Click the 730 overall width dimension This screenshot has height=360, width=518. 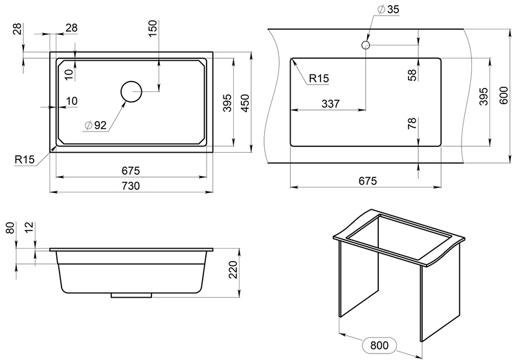(x=131, y=186)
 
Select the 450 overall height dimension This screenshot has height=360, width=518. (x=245, y=103)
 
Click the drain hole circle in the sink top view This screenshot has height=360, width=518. (x=131, y=92)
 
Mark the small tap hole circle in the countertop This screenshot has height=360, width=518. (x=366, y=45)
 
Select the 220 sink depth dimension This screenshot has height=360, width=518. (x=234, y=272)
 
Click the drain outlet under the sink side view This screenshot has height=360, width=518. (x=131, y=295)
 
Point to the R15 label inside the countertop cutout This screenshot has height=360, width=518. (x=319, y=78)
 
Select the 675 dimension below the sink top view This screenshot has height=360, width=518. (x=131, y=171)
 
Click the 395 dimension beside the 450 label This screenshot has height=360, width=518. (x=227, y=103)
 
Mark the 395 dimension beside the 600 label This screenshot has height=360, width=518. (x=484, y=98)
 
